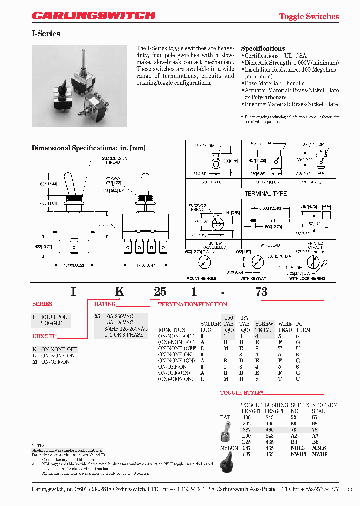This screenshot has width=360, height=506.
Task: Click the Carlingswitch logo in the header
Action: click(94, 16)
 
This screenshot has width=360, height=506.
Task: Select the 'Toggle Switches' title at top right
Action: click(308, 16)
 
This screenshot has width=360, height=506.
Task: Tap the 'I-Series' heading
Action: click(46, 34)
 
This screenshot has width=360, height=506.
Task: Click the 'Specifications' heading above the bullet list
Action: click(263, 48)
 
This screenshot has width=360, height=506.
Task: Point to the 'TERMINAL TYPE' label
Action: click(265, 193)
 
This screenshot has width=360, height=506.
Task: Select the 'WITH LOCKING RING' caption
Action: click(307, 278)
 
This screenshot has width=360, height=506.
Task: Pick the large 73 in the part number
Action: click(261, 293)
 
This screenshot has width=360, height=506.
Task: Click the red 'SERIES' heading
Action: click(42, 304)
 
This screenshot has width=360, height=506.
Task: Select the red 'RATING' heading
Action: click(105, 304)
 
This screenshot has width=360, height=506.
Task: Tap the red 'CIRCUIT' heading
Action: click(44, 336)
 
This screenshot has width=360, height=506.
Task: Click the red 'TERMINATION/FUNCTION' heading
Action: click(193, 304)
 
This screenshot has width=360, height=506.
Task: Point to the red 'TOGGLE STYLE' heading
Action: click(241, 393)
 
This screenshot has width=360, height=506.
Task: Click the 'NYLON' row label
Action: click(229, 448)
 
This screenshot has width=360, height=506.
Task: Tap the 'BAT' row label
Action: click(225, 417)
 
